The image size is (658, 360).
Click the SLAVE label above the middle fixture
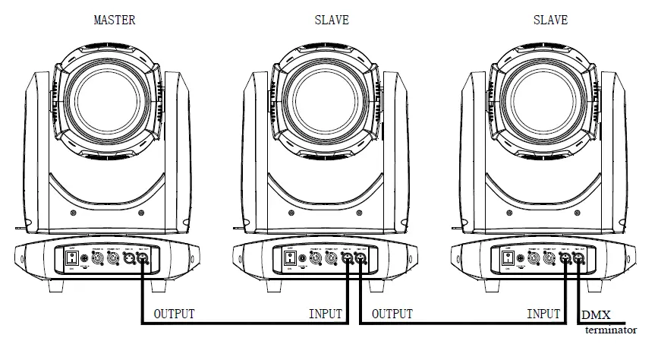pyautogui.click(x=332, y=20)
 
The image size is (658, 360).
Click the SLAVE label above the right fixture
pyautogui.click(x=549, y=20)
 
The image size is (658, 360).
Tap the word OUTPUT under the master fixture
pyautogui.click(x=174, y=314)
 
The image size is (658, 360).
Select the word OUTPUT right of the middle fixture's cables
pyautogui.click(x=392, y=314)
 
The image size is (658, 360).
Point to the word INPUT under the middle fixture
pyautogui.click(x=325, y=314)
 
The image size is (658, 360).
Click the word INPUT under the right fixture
pyautogui.click(x=543, y=314)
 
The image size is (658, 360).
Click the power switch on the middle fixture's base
pyautogui.click(x=288, y=259)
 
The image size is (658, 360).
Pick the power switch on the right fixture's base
pyautogui.click(x=507, y=259)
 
